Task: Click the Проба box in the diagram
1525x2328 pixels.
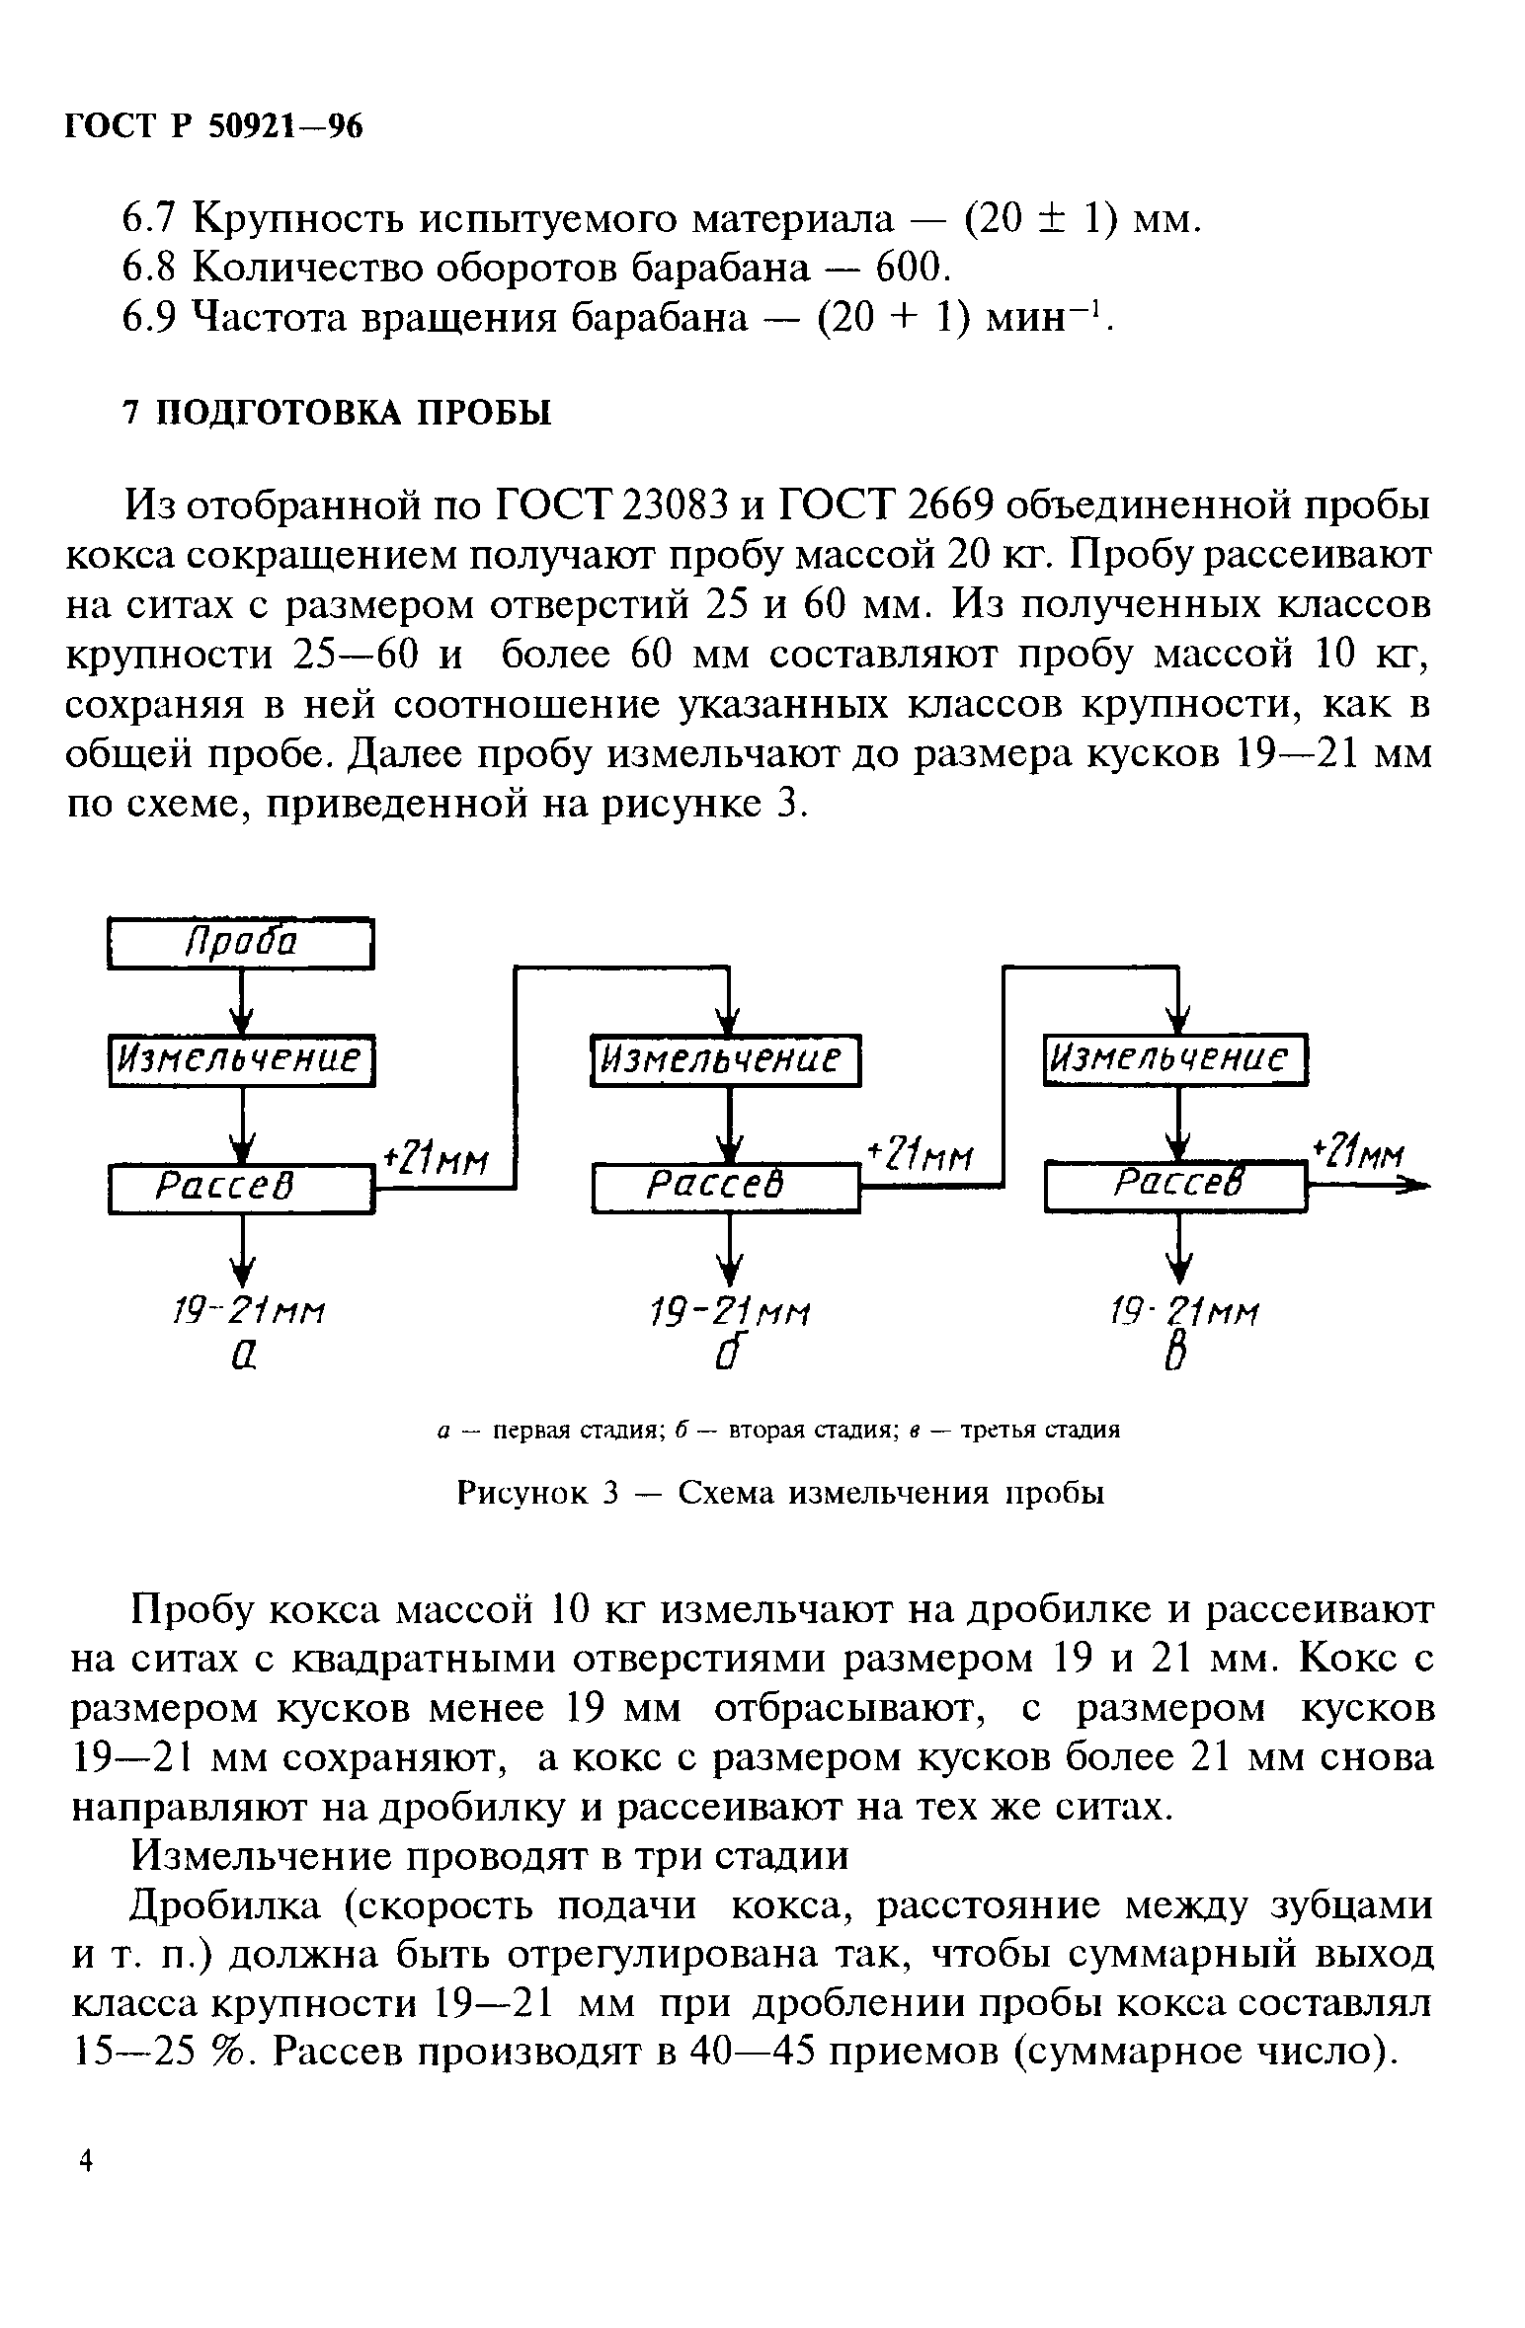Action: tap(240, 944)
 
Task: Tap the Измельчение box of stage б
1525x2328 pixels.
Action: tap(726, 1059)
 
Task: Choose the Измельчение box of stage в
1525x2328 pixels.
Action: tap(1175, 1059)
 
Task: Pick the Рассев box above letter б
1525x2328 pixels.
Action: tap(726, 1188)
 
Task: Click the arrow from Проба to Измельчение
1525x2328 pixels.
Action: tap(241, 1001)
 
